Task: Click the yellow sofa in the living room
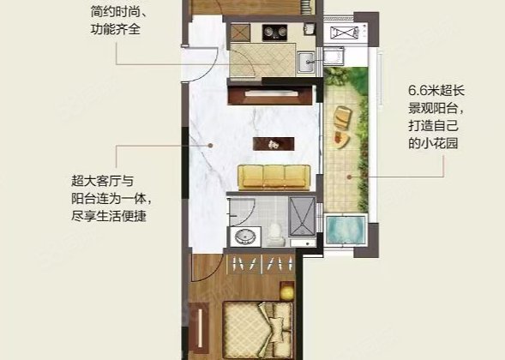coord(275,176)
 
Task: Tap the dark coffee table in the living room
coord(269,143)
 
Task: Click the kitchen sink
coord(305,62)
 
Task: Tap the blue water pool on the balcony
coord(346,231)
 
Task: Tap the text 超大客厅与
coord(103,182)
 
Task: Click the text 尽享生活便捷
coord(110,215)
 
